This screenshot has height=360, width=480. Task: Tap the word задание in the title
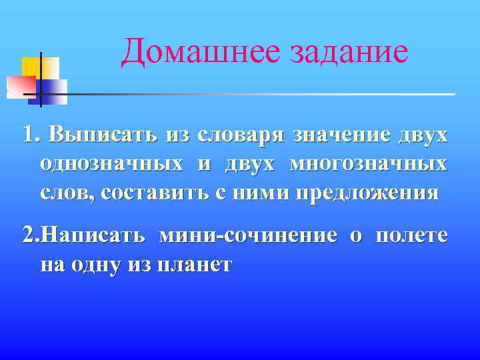click(x=348, y=52)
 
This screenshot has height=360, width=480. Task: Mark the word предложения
click(x=367, y=193)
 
